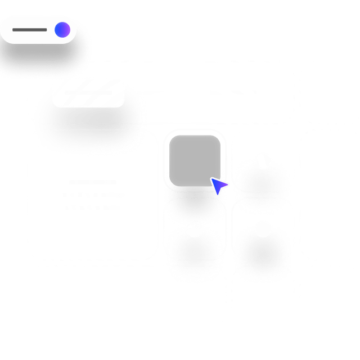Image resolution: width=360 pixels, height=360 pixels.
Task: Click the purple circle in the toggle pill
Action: pos(62,30)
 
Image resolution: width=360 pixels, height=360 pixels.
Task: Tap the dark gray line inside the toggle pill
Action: pos(30,30)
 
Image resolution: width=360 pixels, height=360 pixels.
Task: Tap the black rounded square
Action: pos(195,160)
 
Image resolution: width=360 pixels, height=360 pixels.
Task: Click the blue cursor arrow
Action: pos(218,186)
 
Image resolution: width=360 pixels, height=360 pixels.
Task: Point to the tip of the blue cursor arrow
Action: pos(211,178)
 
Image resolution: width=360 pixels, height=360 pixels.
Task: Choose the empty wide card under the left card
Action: pos(127,296)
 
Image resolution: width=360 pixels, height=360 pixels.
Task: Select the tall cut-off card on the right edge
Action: pos(330,195)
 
